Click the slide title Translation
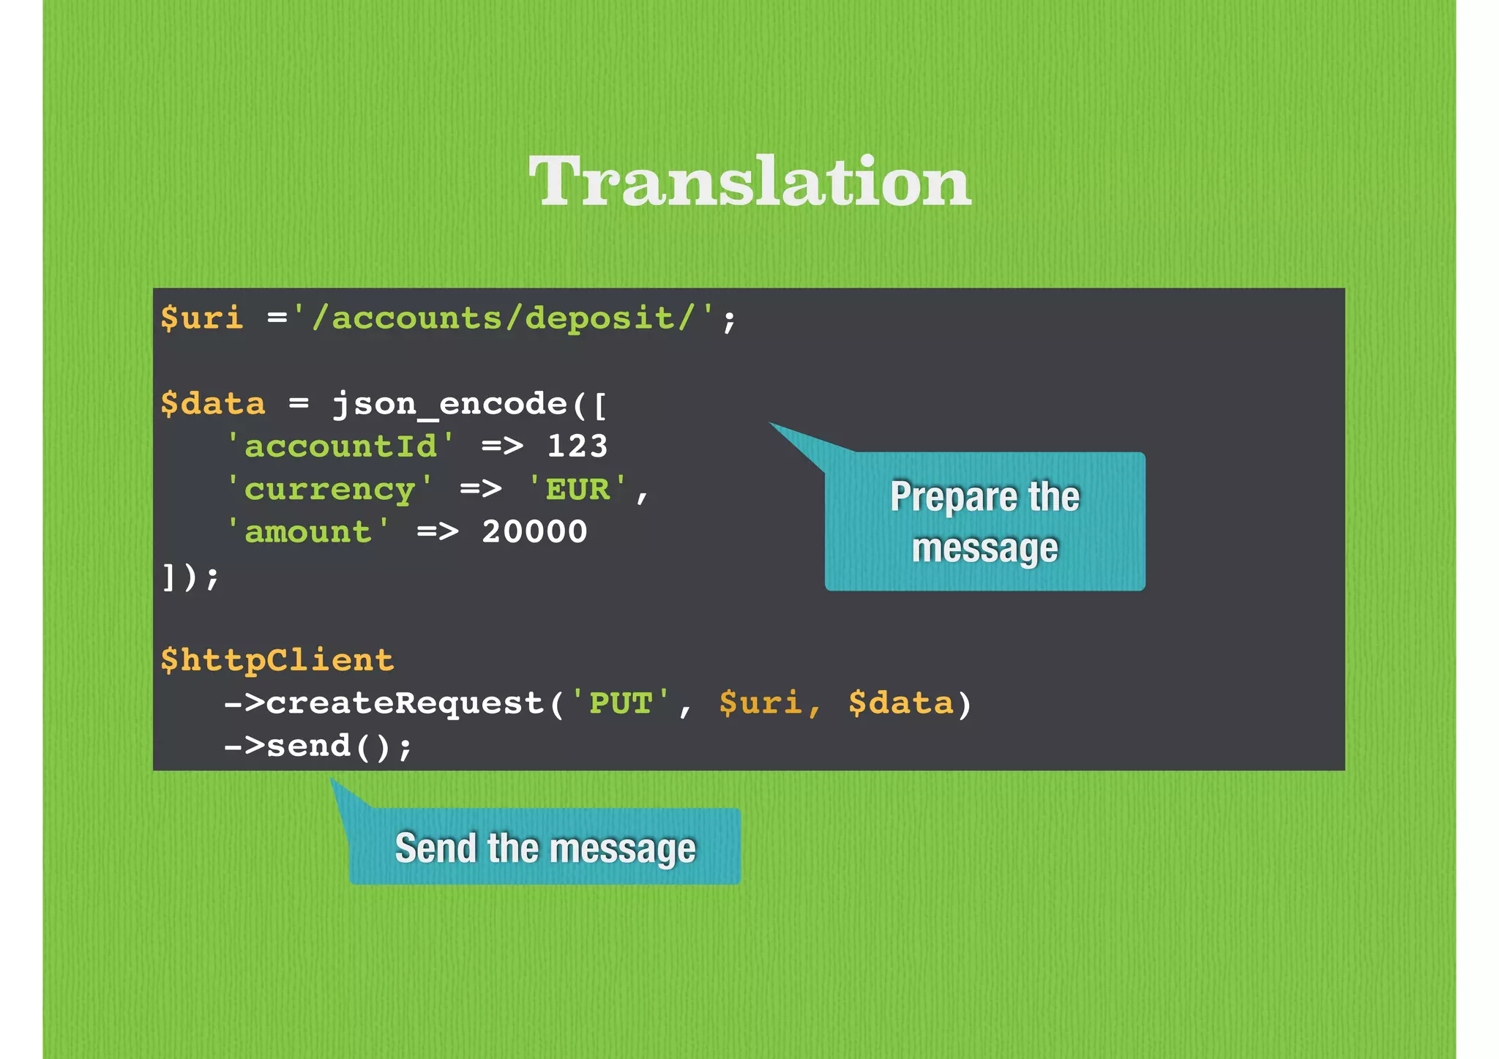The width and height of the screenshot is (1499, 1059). [749, 181]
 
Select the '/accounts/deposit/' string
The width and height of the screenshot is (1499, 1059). [503, 318]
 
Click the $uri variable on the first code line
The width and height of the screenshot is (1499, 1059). [202, 318]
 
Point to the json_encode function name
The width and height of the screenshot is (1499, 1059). [449, 404]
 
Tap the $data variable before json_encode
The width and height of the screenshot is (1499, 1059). [213, 404]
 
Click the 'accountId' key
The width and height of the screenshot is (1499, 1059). [340, 446]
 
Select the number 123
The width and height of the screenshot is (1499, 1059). [577, 446]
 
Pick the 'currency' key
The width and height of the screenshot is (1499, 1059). [329, 489]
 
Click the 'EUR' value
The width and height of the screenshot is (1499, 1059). [577, 489]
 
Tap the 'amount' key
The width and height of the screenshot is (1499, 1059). [308, 532]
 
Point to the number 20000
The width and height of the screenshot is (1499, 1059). [534, 532]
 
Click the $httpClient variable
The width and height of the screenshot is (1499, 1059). [277, 660]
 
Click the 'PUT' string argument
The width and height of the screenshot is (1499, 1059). [621, 703]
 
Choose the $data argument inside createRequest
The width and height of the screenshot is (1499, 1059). [901, 703]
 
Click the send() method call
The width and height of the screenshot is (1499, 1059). [329, 746]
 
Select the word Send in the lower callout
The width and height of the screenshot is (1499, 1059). [436, 848]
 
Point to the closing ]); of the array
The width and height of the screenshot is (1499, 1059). [190, 577]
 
